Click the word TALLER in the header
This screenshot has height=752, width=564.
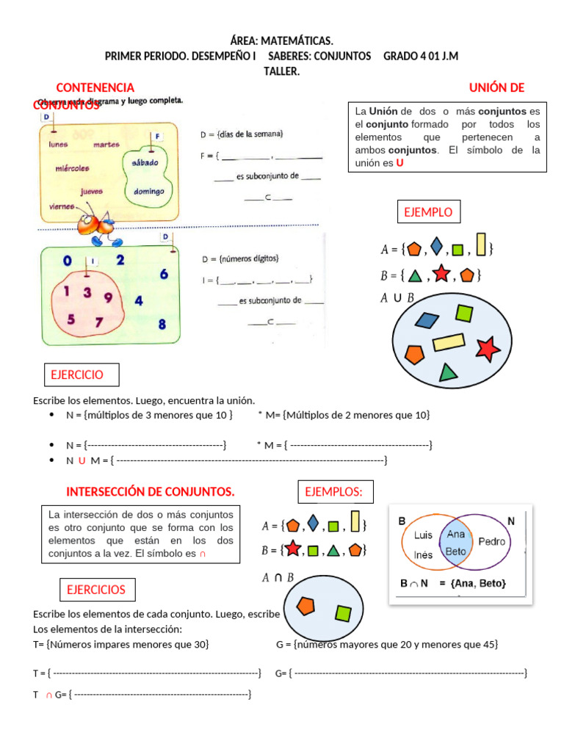coord(281,70)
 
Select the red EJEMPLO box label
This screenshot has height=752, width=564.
coord(428,213)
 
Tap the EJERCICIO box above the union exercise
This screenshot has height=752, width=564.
coord(76,375)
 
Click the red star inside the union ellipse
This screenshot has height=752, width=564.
coord(487,348)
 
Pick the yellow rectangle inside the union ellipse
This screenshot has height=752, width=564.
coord(449,341)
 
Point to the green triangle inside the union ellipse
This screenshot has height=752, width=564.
coord(448,372)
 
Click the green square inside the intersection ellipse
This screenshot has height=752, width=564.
coord(343,612)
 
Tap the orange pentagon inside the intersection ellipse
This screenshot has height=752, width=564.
coord(306,605)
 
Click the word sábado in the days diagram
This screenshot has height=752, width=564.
coord(145,162)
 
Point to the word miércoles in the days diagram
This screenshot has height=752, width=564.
coord(72,167)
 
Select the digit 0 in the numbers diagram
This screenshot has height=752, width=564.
coord(67,261)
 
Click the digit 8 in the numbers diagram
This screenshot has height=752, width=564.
coord(162,324)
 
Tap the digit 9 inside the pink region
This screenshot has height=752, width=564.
coord(108,297)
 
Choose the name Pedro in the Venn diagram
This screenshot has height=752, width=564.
coord(491,541)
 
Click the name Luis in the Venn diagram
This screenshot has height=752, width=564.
coord(423,535)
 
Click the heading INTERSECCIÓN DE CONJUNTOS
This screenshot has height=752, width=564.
coord(151,491)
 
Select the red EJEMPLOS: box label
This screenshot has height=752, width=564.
coord(334,491)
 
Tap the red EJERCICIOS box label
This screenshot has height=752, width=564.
coord(96,589)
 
